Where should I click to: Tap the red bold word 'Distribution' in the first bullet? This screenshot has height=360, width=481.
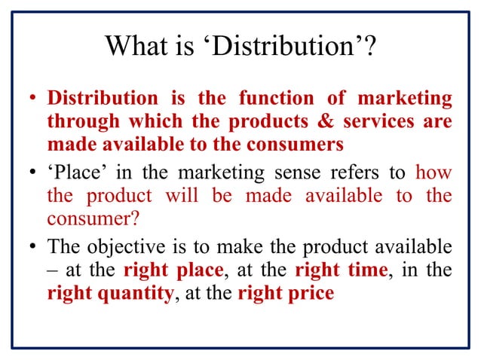pos(103,99)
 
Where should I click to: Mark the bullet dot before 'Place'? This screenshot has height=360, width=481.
pos(33,174)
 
